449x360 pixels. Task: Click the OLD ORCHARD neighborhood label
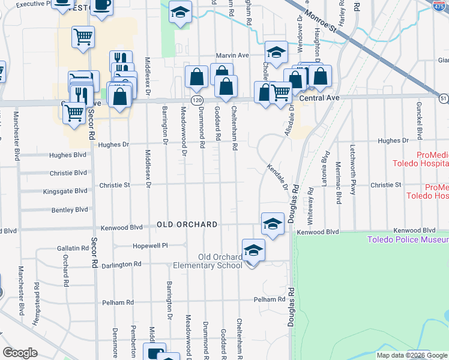(187, 224)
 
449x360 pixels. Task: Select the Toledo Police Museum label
(408, 240)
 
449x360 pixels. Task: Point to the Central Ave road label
(319, 98)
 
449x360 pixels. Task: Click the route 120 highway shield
(197, 98)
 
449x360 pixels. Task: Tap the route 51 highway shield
(443, 98)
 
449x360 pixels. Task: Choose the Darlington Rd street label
(121, 264)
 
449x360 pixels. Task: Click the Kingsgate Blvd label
(65, 191)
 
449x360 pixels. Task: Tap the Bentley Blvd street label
(70, 210)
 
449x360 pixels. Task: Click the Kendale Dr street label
(277, 178)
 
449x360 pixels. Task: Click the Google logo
(20, 353)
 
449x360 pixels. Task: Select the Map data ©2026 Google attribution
(412, 355)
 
